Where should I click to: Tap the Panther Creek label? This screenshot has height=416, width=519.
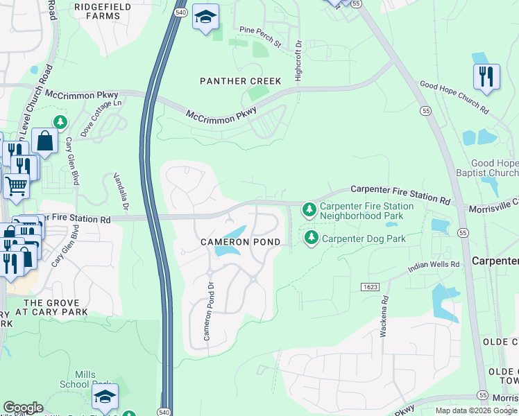click(241, 81)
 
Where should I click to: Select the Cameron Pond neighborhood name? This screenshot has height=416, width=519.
click(241, 242)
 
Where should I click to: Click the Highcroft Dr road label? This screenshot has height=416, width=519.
click(298, 60)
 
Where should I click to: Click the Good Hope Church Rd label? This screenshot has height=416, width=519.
click(454, 97)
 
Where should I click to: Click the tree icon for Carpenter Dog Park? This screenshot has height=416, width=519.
click(312, 239)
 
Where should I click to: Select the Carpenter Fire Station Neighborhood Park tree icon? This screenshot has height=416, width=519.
click(309, 209)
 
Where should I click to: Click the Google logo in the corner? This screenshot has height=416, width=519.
click(23, 408)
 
